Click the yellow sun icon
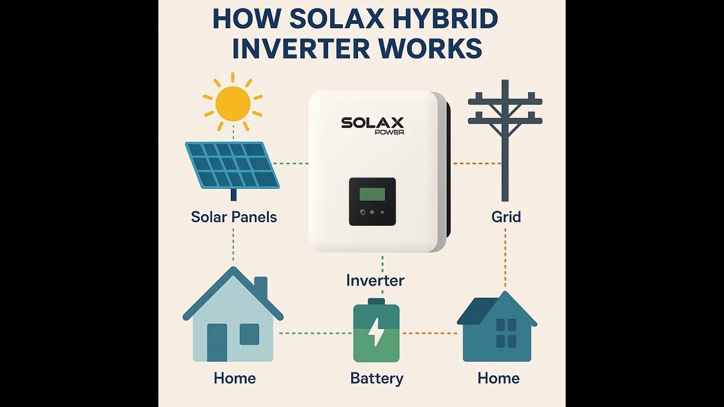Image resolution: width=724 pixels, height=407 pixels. (233, 102)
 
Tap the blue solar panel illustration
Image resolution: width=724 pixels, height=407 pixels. (232, 165)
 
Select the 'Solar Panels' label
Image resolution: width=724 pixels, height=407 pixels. (234, 217)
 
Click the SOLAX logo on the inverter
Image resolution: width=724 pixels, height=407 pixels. (372, 123)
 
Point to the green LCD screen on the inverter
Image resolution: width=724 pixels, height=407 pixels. (372, 194)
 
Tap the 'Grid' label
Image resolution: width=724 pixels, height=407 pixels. (506, 217)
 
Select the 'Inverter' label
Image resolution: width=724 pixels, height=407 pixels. (375, 280)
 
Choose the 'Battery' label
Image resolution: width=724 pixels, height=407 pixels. (377, 378)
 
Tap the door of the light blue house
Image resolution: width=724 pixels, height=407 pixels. (217, 343)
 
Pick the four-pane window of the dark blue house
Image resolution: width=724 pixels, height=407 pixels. (506, 333)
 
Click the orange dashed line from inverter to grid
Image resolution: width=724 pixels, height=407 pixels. (476, 164)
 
